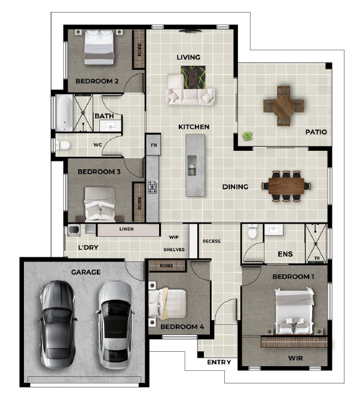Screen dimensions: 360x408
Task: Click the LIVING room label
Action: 188,57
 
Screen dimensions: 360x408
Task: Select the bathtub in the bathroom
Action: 65,112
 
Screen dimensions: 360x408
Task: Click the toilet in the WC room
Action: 62,145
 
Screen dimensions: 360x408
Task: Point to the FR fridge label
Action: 154,145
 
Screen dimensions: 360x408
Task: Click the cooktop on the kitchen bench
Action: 152,187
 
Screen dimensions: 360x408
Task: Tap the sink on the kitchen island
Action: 192,166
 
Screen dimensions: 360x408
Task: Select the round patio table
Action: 283,106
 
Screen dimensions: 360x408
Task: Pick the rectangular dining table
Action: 286,186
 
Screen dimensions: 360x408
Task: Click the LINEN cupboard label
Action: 126,229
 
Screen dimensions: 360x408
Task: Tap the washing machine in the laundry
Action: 74,230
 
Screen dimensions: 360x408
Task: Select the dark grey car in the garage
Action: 57,324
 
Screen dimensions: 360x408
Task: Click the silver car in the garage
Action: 115,325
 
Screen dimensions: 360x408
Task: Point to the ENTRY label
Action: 219,362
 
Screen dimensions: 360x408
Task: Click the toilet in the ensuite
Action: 252,231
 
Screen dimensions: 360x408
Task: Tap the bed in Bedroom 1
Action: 294,310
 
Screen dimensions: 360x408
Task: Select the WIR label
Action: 295,358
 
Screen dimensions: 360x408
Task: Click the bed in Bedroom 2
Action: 99,47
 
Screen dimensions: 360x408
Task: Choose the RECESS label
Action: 212,241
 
